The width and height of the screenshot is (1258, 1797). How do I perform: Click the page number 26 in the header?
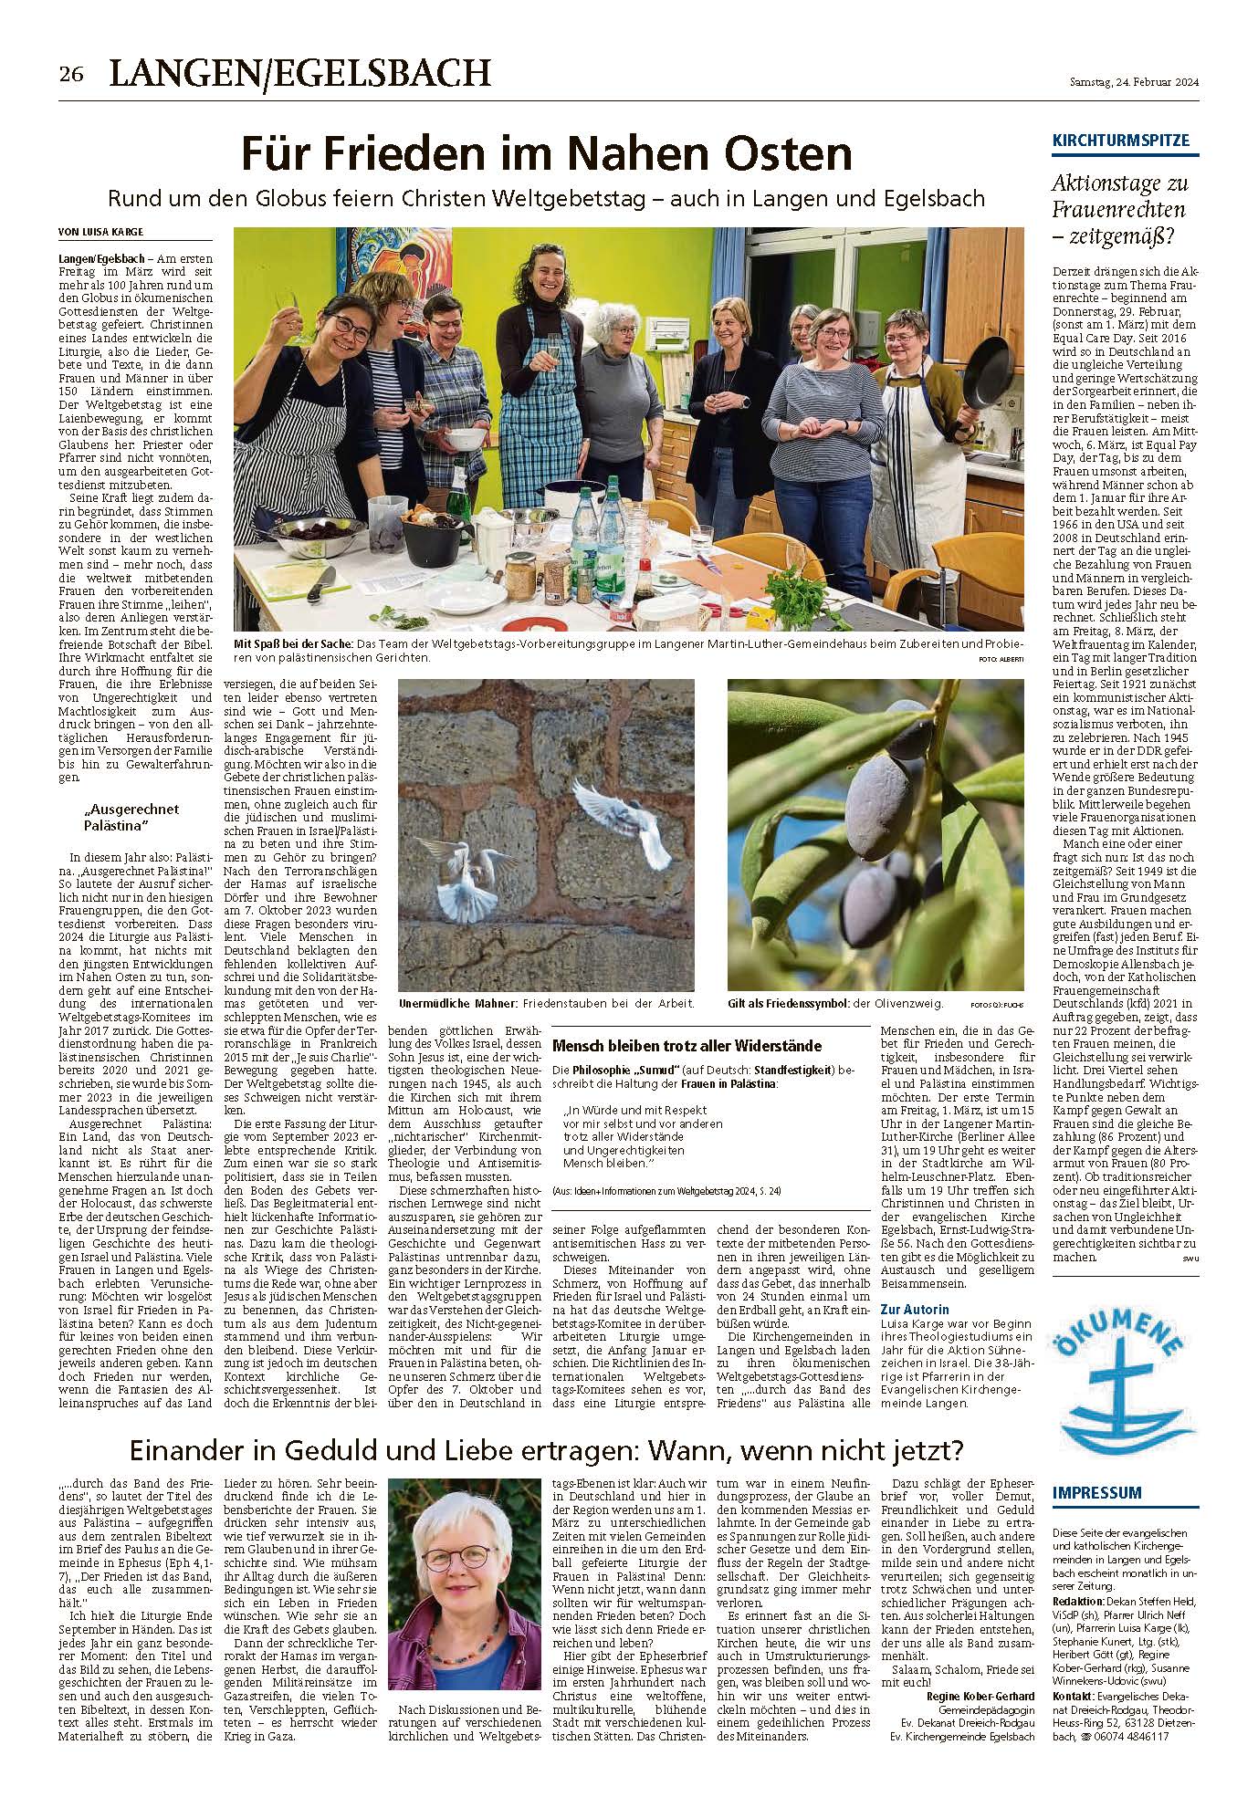[x=71, y=74]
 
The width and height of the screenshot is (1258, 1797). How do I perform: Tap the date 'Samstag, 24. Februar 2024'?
[x=1134, y=82]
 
